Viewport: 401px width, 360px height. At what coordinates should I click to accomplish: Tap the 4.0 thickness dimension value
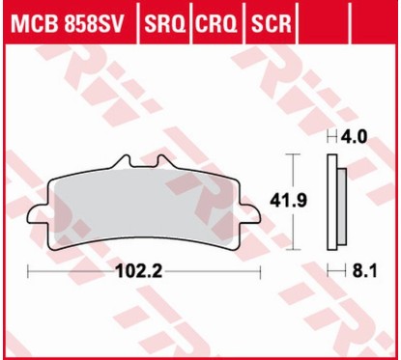point(358,137)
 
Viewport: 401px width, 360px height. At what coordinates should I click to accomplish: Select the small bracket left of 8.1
point(333,272)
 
